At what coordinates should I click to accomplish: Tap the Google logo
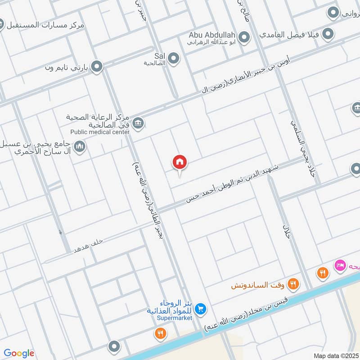19,353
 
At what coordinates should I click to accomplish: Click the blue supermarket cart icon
201,308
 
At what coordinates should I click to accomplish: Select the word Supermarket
175,318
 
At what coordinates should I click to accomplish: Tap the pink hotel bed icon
339,265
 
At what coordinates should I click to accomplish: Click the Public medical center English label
100,132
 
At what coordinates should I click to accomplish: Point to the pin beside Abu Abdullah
244,38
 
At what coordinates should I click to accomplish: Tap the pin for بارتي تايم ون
96,67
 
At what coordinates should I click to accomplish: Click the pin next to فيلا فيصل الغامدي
328,34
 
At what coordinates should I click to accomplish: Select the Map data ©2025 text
335,355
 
